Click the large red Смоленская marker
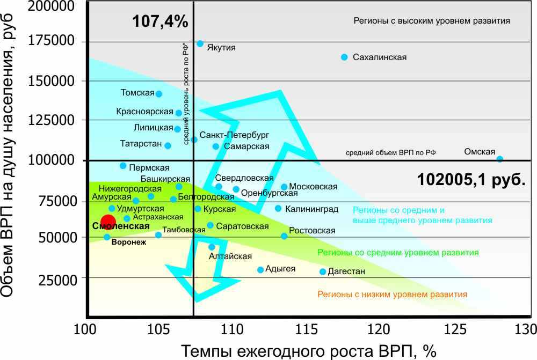pos(108,222)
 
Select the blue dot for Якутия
pos(200,43)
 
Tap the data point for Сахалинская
pos(344,57)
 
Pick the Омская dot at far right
pos(499,159)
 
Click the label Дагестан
pos(346,271)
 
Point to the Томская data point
pos(158,94)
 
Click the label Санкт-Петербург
pos(234,135)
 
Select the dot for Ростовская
pos(284,236)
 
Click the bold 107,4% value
pos(160,22)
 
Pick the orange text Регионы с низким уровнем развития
pos(392,294)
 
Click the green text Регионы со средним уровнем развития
pos(398,252)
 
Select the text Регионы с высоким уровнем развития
pos(431,21)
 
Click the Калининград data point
pos(278,208)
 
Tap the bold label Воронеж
pos(129,243)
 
